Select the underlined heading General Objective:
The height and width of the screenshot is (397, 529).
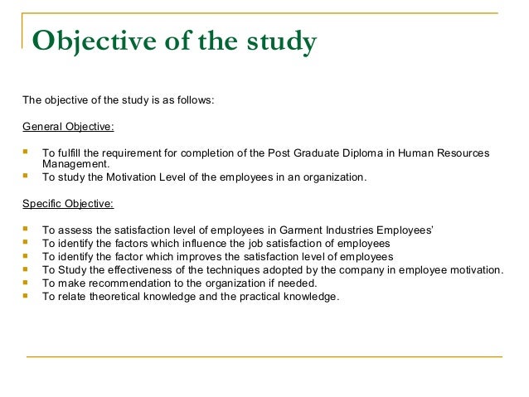pos(68,127)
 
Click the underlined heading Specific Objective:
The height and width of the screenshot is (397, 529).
pos(68,202)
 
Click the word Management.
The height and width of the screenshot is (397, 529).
pos(76,164)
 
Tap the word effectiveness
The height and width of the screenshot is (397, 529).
pos(144,269)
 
